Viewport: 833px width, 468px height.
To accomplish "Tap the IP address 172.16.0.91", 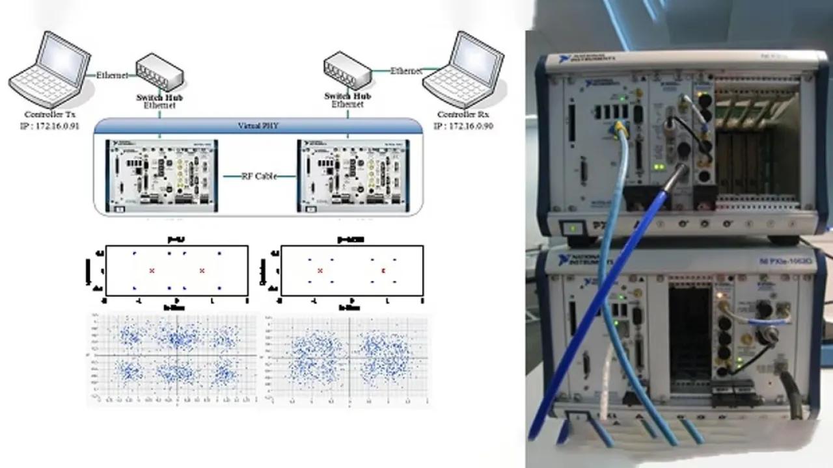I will click(x=49, y=125).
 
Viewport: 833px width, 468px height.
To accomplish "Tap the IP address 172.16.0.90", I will click(x=465, y=125).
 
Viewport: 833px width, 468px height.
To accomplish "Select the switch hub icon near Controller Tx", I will click(x=159, y=72).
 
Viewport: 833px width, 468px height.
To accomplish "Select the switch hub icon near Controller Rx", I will click(x=348, y=70).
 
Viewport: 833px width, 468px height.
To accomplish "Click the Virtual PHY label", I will click(x=258, y=125).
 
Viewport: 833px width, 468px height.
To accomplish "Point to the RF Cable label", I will click(x=259, y=176).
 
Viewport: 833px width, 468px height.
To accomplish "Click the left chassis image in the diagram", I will click(x=161, y=175).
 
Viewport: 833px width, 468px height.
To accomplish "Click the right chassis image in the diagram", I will click(x=355, y=175).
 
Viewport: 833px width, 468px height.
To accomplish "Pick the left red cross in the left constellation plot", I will click(x=152, y=270).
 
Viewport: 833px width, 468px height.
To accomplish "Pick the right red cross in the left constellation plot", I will click(x=202, y=270).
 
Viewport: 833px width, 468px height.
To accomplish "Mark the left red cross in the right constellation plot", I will click(x=320, y=270).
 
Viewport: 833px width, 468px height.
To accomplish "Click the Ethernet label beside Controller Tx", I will click(x=112, y=75).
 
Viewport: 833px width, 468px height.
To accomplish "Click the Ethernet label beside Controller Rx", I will click(x=406, y=71).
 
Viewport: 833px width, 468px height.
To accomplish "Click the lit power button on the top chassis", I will click(x=572, y=228).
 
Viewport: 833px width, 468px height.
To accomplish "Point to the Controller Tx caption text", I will click(x=49, y=115).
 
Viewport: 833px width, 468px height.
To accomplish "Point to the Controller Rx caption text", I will click(x=465, y=115).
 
